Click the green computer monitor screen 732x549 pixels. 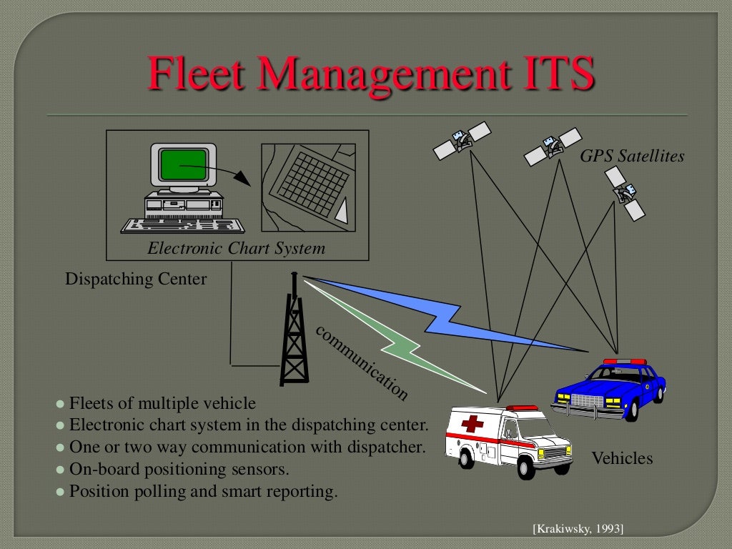(x=183, y=165)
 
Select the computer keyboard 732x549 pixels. (x=183, y=224)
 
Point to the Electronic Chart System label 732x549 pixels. (x=236, y=249)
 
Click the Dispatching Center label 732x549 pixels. (x=136, y=279)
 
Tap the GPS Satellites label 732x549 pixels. (x=632, y=156)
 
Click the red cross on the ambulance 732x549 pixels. (x=472, y=425)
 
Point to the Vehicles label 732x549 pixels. (x=622, y=458)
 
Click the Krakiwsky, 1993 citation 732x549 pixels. (x=578, y=529)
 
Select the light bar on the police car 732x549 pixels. (x=624, y=362)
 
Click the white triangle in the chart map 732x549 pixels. (x=342, y=211)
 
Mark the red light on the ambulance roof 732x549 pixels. (x=521, y=408)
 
